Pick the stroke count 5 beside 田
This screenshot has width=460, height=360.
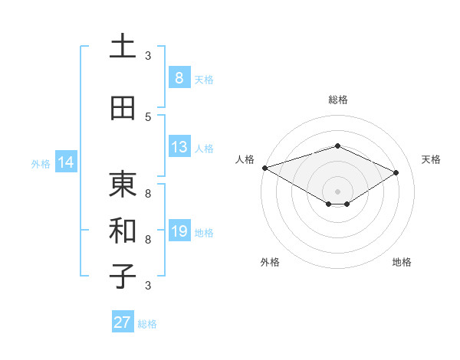[148, 116]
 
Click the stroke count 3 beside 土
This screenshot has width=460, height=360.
[148, 55]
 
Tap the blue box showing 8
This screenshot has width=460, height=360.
[179, 77]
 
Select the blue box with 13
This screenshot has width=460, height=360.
[179, 147]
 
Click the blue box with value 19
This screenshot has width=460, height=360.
[179, 231]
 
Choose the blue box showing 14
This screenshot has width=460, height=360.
[65, 162]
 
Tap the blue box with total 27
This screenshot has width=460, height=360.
[123, 322]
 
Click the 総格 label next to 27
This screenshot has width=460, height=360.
[147, 324]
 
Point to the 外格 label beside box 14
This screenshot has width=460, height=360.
[41, 163]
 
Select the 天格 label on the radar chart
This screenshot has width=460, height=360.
[431, 159]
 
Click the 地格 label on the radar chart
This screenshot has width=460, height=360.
[402, 262]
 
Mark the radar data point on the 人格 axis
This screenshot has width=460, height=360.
[264, 168]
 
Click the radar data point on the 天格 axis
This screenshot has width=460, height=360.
[396, 172]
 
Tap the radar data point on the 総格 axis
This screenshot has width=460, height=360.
[337, 146]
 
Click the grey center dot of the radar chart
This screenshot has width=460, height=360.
[337, 191]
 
